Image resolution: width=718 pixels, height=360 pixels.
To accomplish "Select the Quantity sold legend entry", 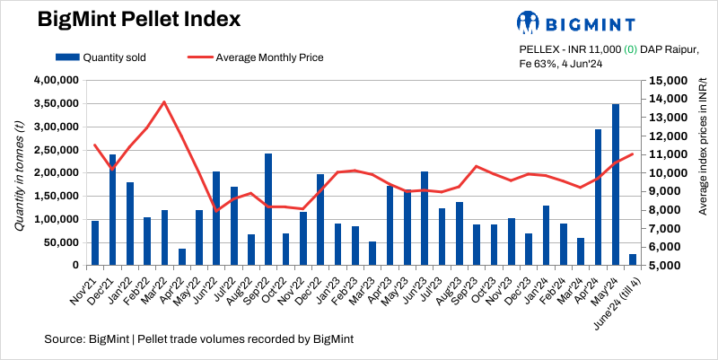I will tap(102, 57).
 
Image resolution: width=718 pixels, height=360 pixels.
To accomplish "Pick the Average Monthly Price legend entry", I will tap(257, 57).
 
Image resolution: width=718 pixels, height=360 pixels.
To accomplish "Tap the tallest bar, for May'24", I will tap(616, 185).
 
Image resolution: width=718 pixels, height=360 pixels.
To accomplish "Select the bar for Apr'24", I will tap(598, 198).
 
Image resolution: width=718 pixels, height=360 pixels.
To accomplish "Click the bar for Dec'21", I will tap(113, 210).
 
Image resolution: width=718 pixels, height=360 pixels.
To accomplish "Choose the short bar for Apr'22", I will tap(182, 257).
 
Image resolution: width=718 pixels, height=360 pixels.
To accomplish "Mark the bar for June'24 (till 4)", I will tap(633, 259).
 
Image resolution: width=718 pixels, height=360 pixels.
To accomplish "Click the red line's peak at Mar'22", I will tap(164, 101).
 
